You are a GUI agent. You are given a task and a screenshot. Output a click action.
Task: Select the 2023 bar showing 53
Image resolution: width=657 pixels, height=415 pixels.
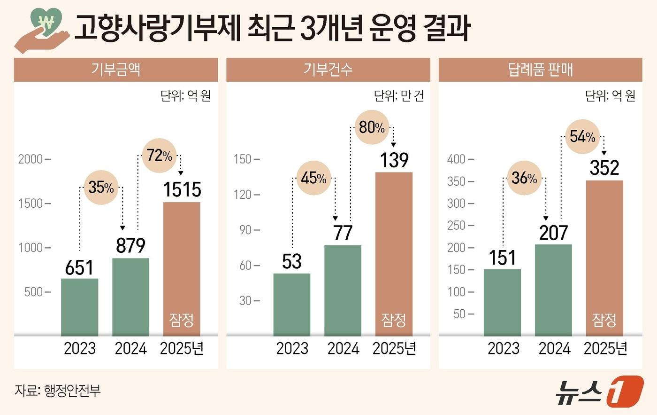tap(292, 304)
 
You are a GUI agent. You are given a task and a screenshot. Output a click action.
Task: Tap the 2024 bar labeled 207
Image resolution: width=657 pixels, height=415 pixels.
tap(553, 290)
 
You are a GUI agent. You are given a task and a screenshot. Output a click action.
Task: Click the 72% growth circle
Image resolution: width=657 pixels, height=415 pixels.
tap(159, 155)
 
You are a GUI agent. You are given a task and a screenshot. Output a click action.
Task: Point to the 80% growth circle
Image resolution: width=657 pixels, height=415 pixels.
tap(372, 127)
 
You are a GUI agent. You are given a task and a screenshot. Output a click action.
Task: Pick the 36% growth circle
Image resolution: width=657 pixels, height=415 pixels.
tap(524, 178)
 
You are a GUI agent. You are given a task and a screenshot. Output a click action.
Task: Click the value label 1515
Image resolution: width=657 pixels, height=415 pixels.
tap(182, 189)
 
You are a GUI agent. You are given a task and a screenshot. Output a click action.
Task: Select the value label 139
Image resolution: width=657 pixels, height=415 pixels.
tap(394, 160)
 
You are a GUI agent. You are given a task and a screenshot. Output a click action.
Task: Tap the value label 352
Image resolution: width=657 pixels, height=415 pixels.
tap(604, 168)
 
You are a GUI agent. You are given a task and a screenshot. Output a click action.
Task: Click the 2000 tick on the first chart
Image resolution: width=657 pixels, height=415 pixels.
tap(31, 159)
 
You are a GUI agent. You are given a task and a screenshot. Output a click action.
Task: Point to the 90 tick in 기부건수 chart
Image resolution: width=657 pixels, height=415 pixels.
tap(246, 230)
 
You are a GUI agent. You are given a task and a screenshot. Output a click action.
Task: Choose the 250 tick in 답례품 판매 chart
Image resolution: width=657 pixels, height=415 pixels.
tap(456, 225)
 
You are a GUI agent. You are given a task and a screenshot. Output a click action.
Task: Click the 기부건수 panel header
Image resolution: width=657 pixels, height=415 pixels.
tap(328, 70)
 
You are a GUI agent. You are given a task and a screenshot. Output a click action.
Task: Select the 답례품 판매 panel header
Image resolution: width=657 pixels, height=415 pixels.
tap(540, 70)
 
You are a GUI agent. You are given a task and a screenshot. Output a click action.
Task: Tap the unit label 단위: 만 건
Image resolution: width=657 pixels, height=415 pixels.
tap(398, 96)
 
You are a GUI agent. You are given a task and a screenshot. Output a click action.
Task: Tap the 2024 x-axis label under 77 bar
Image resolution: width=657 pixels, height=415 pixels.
tap(343, 348)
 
